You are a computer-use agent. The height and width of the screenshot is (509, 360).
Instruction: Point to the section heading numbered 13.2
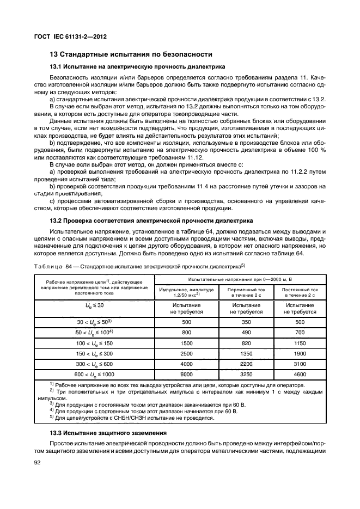(151, 221)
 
